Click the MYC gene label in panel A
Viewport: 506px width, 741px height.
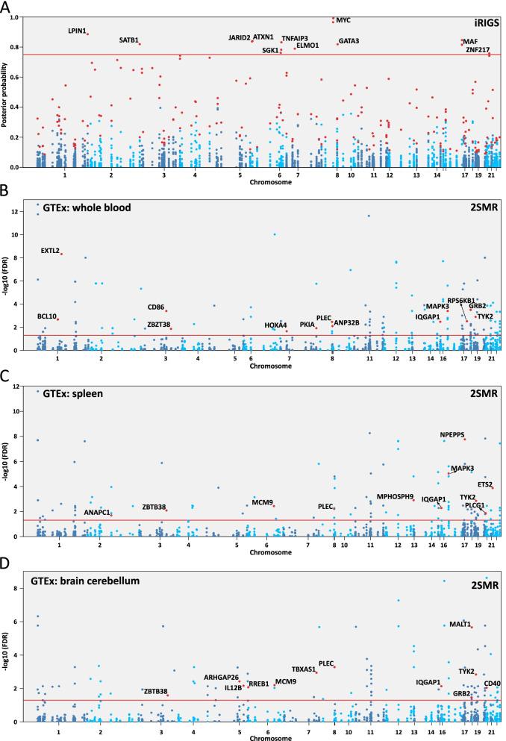pyautogui.click(x=343, y=20)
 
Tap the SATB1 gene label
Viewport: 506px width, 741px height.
pyautogui.click(x=129, y=40)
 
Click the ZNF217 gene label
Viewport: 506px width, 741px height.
pyautogui.click(x=478, y=50)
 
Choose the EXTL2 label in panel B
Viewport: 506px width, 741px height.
pyautogui.click(x=50, y=250)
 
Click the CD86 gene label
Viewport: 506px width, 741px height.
pyautogui.click(x=155, y=307)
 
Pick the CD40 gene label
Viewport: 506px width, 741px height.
pyautogui.click(x=492, y=683)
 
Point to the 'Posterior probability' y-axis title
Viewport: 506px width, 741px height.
pyautogui.click(x=6, y=91)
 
